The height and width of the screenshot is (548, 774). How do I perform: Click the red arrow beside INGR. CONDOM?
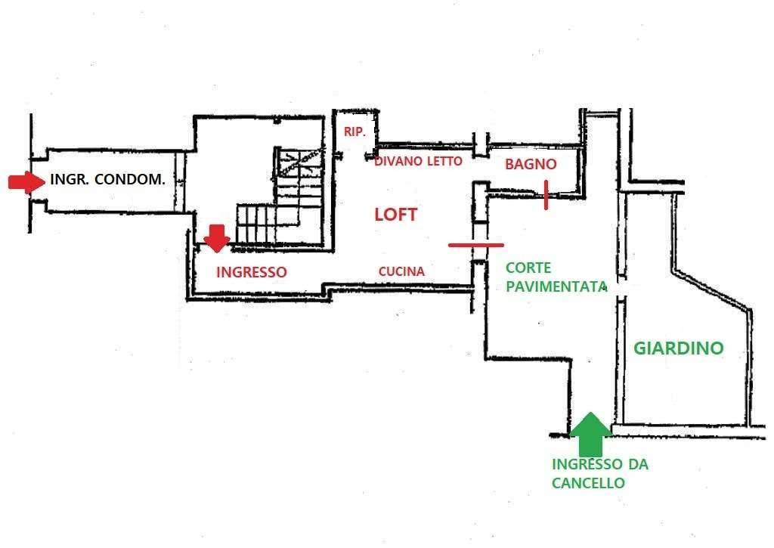[26, 181]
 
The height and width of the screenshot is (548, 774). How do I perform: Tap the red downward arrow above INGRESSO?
[217, 238]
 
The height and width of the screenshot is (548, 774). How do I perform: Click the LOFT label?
[396, 215]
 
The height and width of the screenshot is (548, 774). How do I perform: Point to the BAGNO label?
[531, 164]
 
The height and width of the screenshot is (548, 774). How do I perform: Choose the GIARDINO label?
[678, 348]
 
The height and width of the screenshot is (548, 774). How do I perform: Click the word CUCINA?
[401, 271]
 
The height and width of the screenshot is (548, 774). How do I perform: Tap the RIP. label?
[354, 132]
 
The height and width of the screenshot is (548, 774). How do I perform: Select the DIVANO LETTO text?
[418, 161]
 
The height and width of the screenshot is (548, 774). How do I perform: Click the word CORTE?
[528, 268]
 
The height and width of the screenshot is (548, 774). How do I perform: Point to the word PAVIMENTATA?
[557, 287]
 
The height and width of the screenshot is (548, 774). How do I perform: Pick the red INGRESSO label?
[252, 272]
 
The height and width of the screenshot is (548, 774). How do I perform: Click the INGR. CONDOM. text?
[108, 181]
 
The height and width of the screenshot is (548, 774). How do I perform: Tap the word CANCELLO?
[588, 483]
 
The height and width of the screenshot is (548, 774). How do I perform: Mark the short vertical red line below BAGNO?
[546, 195]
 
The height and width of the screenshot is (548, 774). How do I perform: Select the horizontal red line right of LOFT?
[476, 245]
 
